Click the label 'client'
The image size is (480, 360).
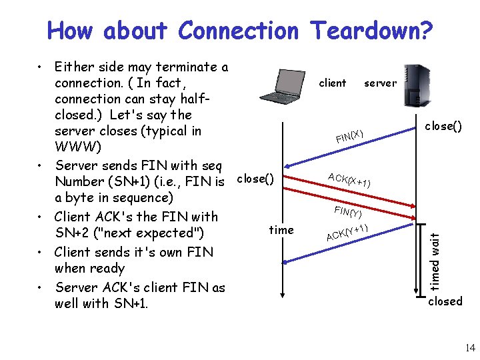pyautogui.click(x=333, y=83)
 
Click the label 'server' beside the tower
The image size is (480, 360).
pyautogui.click(x=380, y=83)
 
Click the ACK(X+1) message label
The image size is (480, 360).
pyautogui.click(x=349, y=179)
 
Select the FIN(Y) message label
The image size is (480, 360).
pyautogui.click(x=348, y=212)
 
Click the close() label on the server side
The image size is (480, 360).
pyautogui.click(x=444, y=126)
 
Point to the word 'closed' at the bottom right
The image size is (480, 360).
pyautogui.click(x=445, y=301)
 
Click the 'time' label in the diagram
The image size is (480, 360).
pyautogui.click(x=281, y=230)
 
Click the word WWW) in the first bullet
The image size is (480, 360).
pyautogui.click(x=75, y=147)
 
